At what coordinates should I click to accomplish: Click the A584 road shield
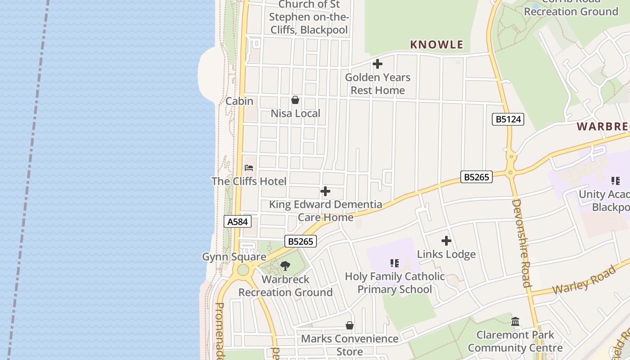tap(237, 221)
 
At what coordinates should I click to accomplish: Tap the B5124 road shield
tap(508, 119)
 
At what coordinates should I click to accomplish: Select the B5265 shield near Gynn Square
tap(301, 241)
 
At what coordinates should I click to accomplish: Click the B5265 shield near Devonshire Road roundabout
tap(477, 177)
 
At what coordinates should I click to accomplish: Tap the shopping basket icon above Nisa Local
tap(295, 100)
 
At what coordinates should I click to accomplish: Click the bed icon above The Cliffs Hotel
tap(249, 168)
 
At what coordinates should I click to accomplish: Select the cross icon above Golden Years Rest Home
tap(378, 64)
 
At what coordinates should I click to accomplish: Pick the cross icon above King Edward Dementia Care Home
tap(325, 191)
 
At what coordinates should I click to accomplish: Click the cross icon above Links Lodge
tap(446, 241)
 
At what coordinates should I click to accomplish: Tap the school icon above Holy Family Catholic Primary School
tap(395, 263)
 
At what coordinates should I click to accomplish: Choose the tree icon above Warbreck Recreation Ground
tap(285, 266)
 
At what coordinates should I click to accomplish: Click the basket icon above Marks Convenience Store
tap(350, 325)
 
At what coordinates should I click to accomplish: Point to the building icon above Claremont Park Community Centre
tap(515, 321)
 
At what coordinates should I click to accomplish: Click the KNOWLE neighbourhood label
tap(436, 45)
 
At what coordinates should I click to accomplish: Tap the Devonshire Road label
tap(521, 243)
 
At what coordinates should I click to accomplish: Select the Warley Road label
tap(584, 280)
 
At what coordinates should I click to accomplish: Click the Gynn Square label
tap(234, 257)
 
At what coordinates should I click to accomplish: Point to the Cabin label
tap(239, 101)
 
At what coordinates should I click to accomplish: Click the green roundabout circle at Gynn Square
tap(243, 270)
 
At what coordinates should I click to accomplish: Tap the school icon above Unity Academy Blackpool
tap(615, 181)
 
